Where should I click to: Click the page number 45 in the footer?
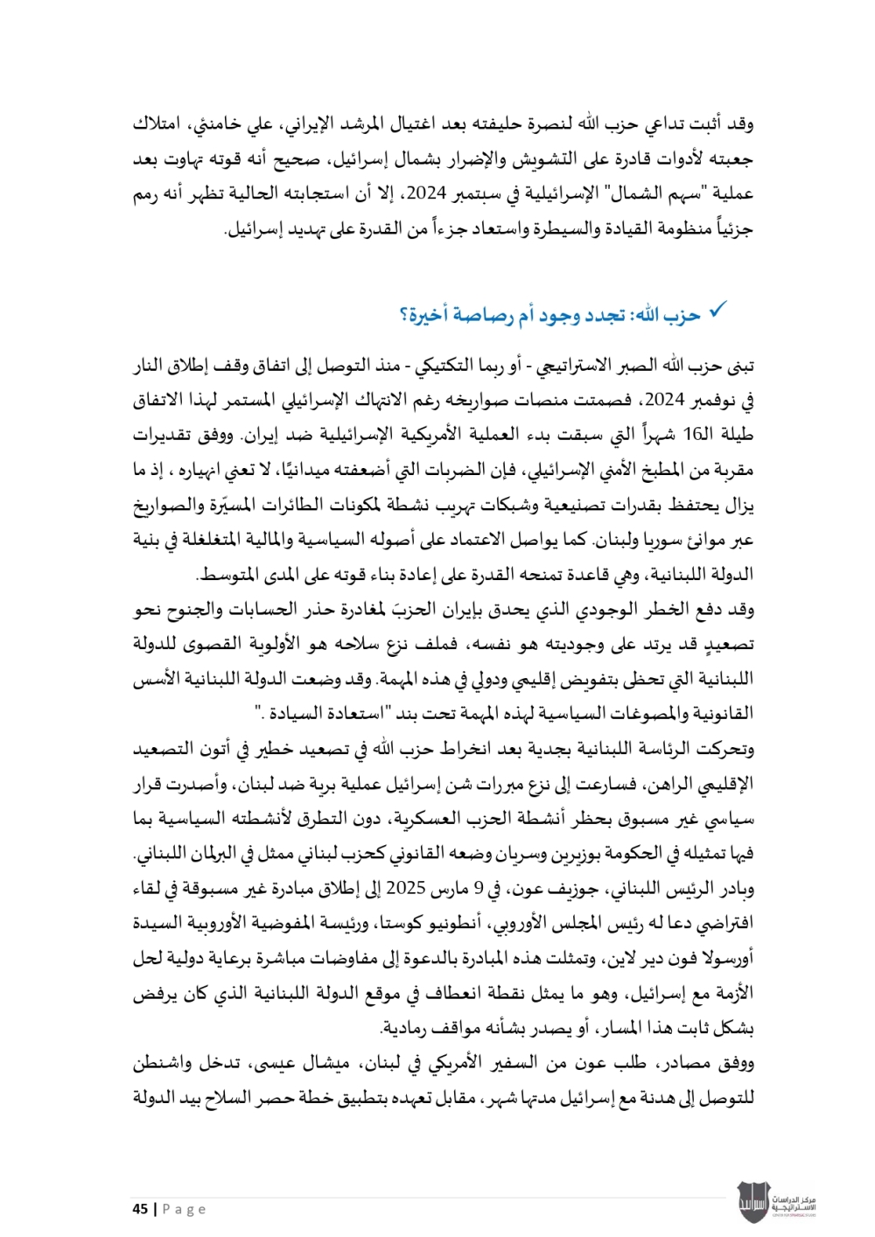click(140, 1209)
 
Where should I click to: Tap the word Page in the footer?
click(184, 1209)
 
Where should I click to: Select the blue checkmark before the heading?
click(717, 311)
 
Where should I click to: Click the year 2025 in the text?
click(405, 888)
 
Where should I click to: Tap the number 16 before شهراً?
click(694, 435)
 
